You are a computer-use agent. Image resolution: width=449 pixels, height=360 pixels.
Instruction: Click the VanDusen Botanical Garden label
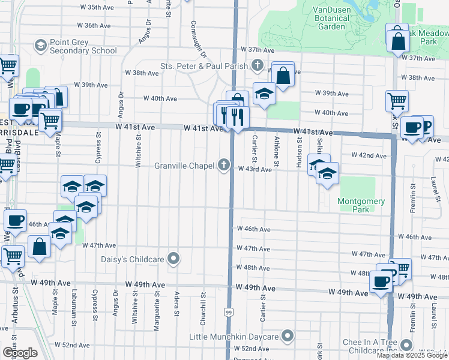[x=332, y=18]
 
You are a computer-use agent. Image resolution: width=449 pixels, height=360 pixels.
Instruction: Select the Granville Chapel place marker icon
[x=225, y=165]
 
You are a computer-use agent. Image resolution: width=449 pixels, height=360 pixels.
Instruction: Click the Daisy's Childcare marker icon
[x=174, y=259]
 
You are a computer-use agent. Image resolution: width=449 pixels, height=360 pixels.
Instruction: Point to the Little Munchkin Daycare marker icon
[x=288, y=335]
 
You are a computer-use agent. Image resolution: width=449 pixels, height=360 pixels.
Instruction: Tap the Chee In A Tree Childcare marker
[x=406, y=345]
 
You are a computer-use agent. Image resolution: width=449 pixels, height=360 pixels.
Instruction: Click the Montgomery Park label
[x=361, y=205]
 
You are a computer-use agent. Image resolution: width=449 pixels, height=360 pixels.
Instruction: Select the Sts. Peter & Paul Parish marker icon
[x=258, y=65]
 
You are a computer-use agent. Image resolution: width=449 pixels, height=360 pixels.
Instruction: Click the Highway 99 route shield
[x=229, y=313]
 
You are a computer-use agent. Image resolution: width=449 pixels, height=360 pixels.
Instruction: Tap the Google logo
[x=20, y=352]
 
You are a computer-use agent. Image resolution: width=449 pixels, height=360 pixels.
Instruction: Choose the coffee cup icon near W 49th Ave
[x=381, y=281]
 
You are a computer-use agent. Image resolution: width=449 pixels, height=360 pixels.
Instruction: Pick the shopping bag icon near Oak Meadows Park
[x=397, y=41]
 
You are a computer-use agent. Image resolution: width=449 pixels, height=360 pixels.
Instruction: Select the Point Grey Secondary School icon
[x=41, y=46]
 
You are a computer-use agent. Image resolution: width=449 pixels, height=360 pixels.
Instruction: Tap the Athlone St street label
[x=277, y=151]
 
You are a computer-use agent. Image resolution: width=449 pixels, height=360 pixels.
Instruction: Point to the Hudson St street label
[x=299, y=150]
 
